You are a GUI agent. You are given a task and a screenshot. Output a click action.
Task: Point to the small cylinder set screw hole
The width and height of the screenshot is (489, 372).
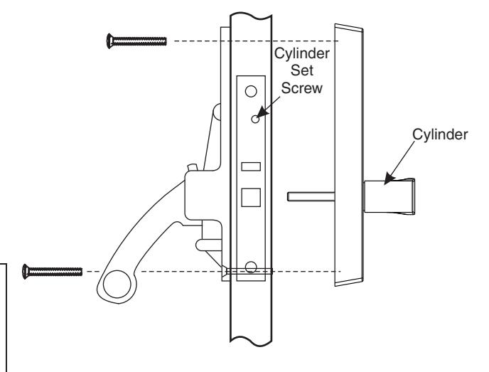254,119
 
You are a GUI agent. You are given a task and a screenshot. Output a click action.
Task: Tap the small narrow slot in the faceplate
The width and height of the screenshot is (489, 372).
251,166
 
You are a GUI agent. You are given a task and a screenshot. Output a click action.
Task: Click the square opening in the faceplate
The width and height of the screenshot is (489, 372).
251,196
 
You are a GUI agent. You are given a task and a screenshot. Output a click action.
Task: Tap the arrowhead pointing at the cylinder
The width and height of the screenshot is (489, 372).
387,182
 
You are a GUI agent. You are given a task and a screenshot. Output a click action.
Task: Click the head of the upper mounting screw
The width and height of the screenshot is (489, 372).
109,41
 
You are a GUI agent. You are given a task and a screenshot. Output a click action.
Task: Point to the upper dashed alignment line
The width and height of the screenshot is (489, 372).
249,41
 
